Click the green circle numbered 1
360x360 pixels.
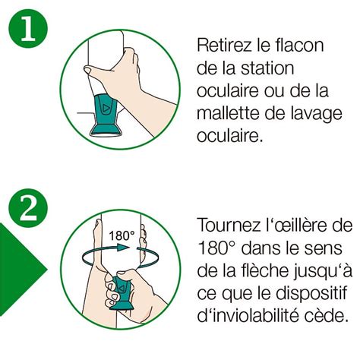click(x=28, y=28)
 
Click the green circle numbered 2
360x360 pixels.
click(x=28, y=208)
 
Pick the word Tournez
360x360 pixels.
click(x=229, y=225)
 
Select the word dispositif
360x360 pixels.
click(x=311, y=295)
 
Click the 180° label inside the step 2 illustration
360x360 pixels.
click(x=122, y=235)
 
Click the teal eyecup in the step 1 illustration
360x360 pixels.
click(x=106, y=114)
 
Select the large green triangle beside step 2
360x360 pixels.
click(x=21, y=270)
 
